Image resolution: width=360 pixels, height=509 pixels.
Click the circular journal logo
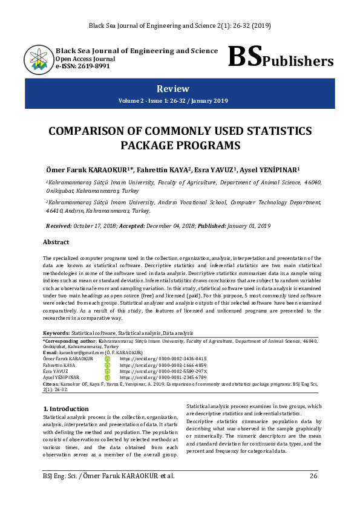click(38, 59)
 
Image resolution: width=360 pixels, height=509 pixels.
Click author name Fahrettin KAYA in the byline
click(163, 169)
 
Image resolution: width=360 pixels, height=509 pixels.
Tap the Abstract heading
click(56, 242)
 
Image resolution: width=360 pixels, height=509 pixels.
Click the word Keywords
click(56, 333)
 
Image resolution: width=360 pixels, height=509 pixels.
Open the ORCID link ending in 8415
click(163, 358)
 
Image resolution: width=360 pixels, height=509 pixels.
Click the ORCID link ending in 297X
click(163, 371)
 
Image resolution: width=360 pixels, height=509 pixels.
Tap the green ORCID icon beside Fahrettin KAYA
click(107, 365)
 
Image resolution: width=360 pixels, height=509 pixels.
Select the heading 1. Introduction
click(66, 409)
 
